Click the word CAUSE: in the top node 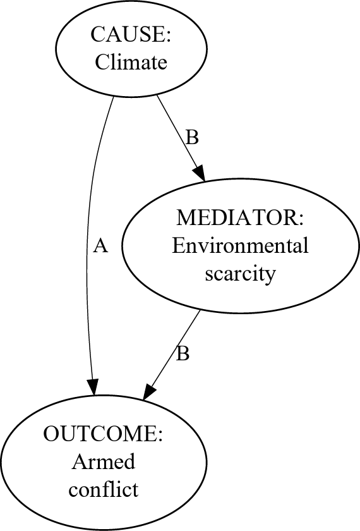(131, 35)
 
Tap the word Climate (131, 62)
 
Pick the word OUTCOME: (103, 434)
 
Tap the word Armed (103, 462)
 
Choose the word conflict (103, 490)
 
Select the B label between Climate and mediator (192, 138)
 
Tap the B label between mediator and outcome (183, 354)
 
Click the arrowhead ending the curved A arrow (93, 388)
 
